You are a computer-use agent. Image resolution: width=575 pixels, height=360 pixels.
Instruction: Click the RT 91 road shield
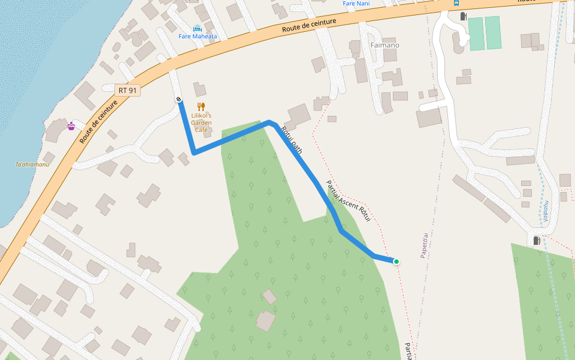[128, 90]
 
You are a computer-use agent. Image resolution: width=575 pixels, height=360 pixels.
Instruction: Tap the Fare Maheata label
[198, 36]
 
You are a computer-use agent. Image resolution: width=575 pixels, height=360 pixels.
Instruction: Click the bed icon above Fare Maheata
[198, 28]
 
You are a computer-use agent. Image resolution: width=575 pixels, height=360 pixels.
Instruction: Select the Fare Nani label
[356, 3]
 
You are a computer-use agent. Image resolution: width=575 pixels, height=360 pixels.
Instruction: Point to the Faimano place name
[385, 45]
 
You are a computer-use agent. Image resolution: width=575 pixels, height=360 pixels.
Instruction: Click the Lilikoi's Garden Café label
[201, 122]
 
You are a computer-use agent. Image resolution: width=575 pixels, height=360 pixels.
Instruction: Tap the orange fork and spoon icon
[201, 107]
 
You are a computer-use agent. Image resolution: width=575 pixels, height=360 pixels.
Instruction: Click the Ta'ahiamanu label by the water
[32, 164]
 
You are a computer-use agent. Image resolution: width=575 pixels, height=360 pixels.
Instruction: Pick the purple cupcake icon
[71, 125]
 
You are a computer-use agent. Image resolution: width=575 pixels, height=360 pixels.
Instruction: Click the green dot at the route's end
[396, 261]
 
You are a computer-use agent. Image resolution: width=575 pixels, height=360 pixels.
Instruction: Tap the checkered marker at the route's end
[178, 100]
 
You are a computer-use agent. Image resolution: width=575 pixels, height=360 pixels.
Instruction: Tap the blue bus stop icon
[456, 2]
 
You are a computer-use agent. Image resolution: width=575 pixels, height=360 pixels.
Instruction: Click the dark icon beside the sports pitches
[463, 16]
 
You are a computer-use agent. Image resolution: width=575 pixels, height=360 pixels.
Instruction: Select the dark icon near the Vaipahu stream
[536, 241]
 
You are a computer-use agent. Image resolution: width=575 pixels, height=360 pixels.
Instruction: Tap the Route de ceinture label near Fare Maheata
[308, 25]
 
